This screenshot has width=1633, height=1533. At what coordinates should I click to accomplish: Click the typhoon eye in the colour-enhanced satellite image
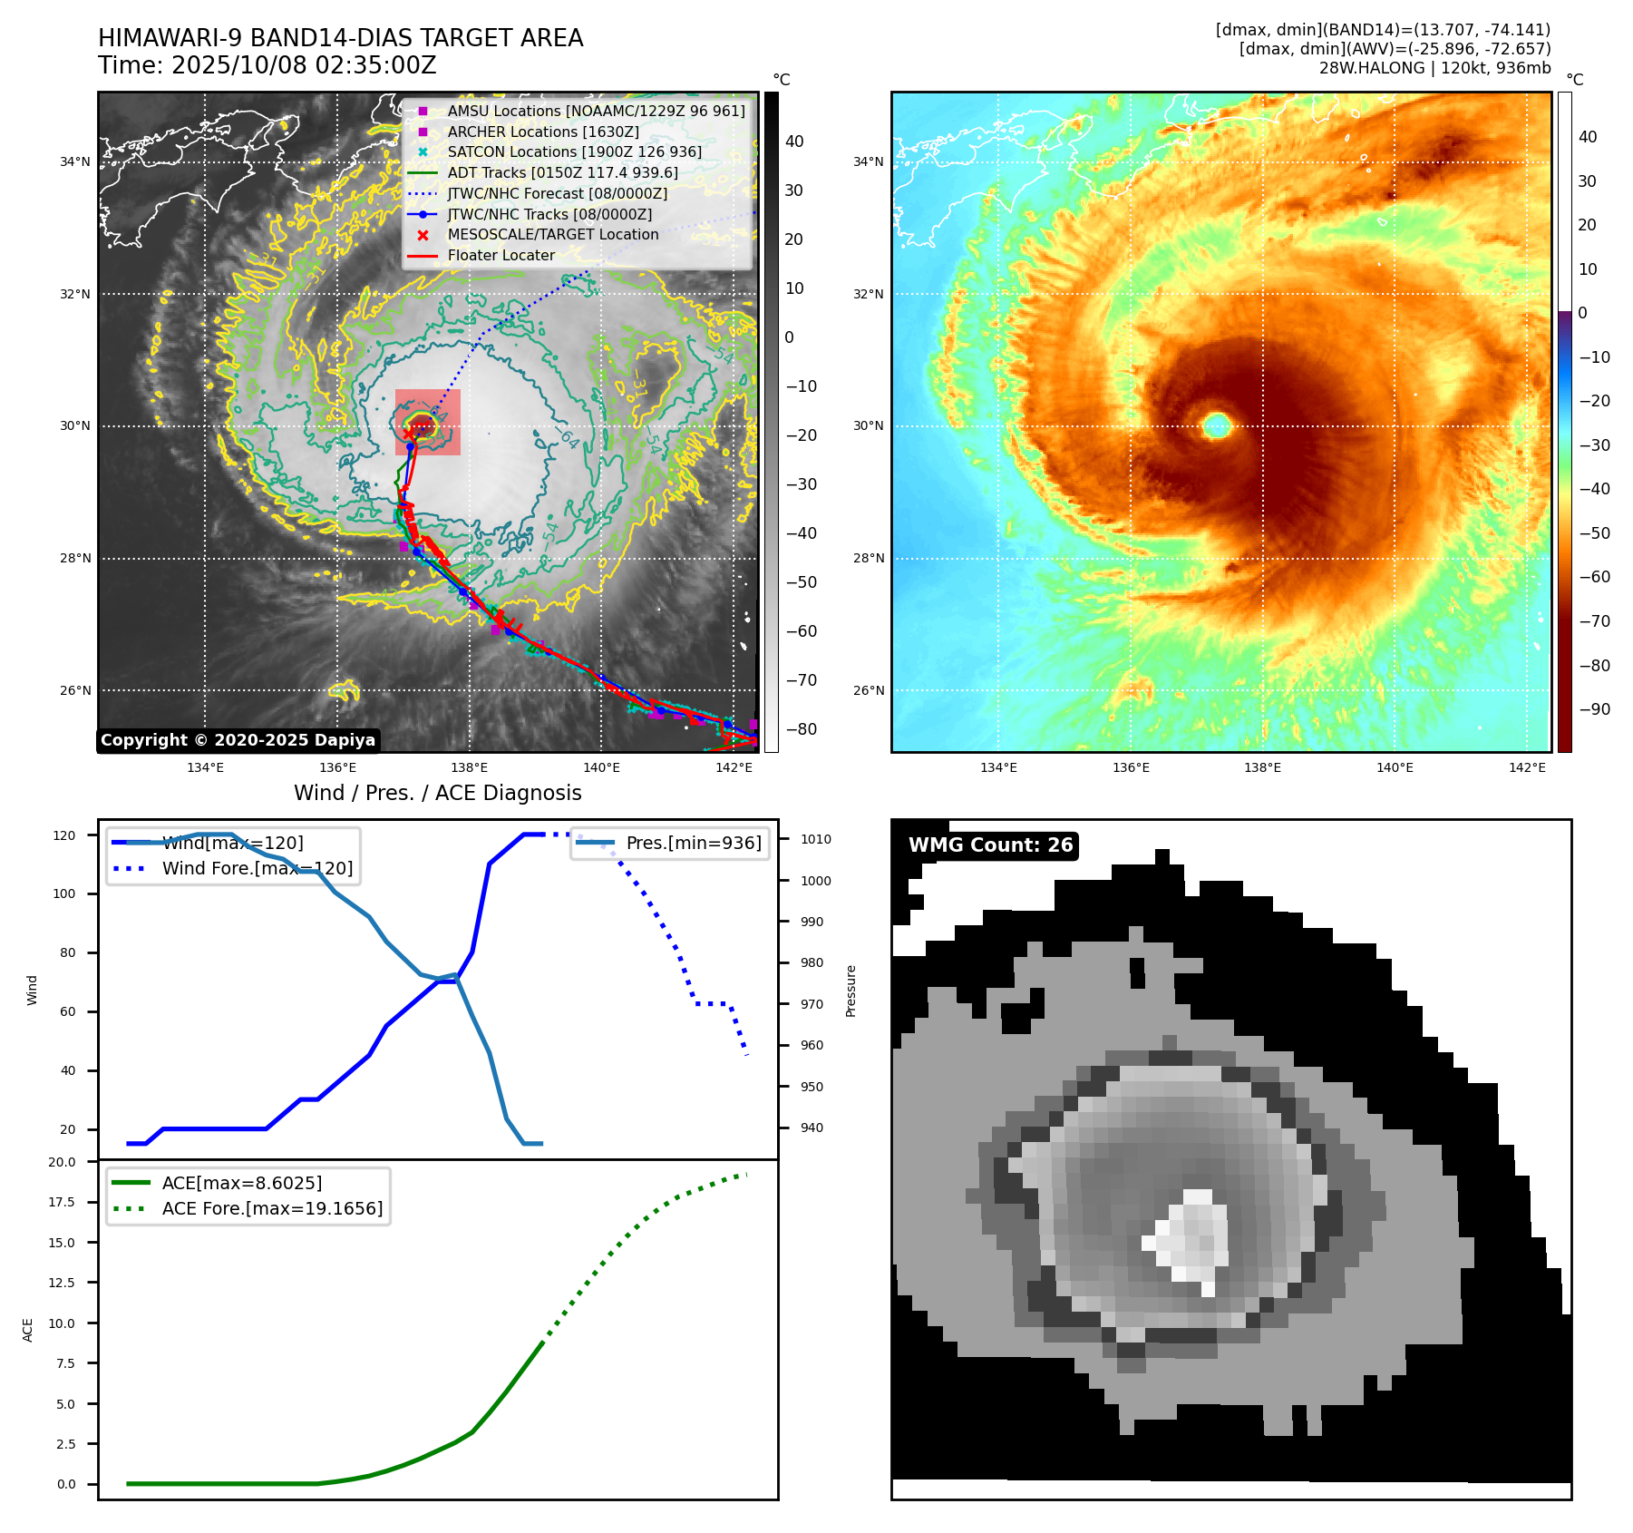tap(1216, 425)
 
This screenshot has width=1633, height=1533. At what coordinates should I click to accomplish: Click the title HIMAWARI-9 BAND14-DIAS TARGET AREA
tap(340, 38)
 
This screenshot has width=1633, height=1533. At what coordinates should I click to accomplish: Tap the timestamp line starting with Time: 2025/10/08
tap(267, 66)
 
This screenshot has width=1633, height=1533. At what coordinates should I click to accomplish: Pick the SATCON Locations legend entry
tap(574, 151)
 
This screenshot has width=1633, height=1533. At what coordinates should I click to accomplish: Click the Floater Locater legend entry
tap(501, 255)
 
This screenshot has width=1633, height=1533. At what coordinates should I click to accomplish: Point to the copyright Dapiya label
tap(238, 740)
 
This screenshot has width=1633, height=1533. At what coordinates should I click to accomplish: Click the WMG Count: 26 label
tap(990, 845)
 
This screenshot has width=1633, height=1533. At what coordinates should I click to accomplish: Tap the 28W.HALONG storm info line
tap(1434, 68)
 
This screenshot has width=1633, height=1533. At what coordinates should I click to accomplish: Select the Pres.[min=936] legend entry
tap(693, 843)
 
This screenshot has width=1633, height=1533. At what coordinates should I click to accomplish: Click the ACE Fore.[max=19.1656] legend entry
tap(272, 1208)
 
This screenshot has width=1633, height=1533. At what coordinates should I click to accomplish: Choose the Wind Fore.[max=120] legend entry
tap(257, 868)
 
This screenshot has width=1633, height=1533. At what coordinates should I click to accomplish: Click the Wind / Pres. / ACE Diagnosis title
tap(437, 793)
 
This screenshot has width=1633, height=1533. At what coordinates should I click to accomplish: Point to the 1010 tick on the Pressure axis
tap(815, 839)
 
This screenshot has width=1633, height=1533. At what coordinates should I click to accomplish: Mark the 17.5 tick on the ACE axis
tap(62, 1202)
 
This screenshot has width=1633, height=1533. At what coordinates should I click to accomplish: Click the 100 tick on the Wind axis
tap(64, 893)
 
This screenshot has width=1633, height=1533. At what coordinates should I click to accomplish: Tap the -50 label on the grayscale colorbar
tap(801, 582)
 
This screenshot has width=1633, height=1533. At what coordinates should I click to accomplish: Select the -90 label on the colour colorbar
tap(1594, 709)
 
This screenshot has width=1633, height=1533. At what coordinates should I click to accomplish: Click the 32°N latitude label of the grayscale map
tap(75, 294)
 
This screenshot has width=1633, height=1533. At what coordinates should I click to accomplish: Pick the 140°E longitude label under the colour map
tap(1395, 767)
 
